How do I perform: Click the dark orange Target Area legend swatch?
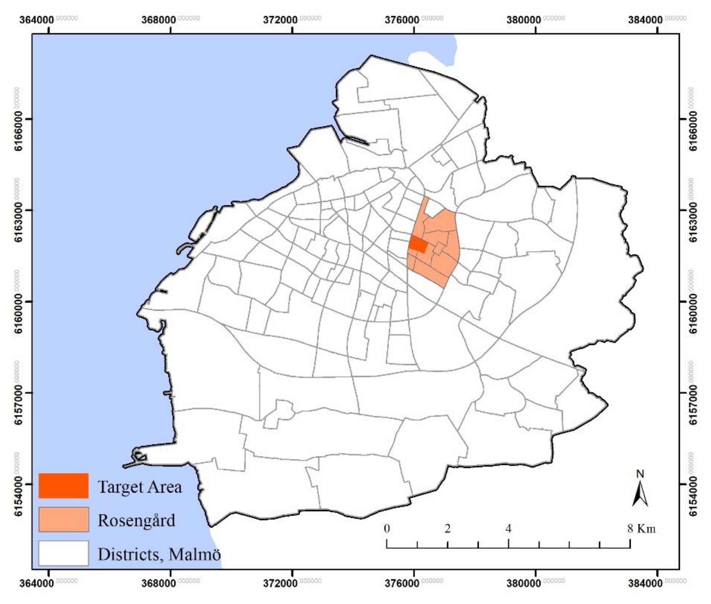[x=63, y=486]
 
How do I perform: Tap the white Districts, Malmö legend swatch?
[x=63, y=553]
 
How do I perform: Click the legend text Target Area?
[x=140, y=486]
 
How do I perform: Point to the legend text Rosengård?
[x=136, y=520]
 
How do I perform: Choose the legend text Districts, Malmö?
[x=159, y=554]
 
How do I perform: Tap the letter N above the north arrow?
[x=640, y=474]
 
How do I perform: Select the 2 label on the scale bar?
[x=447, y=528]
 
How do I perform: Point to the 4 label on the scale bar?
[x=508, y=528]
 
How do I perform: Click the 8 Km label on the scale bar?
[x=641, y=528]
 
